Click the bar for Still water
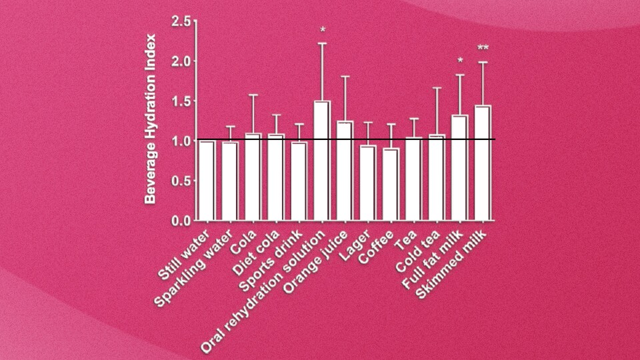click(x=207, y=180)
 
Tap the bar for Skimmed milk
click(x=483, y=163)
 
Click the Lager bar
click(x=368, y=183)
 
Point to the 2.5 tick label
click(x=181, y=22)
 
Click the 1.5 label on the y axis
click(x=181, y=101)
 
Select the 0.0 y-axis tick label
click(x=181, y=220)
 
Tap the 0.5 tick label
click(x=181, y=181)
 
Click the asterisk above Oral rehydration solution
click(x=322, y=30)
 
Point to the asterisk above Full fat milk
click(x=460, y=62)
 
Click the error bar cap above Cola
click(x=253, y=95)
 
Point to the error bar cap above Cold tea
click(x=437, y=88)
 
